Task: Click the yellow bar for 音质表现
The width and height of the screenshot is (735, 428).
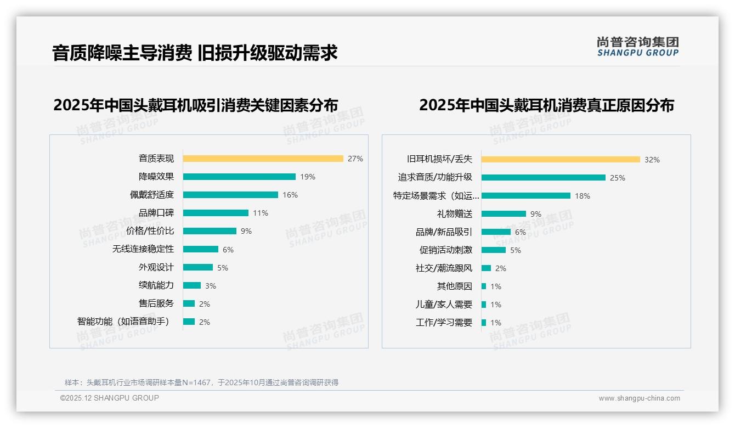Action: click(x=263, y=159)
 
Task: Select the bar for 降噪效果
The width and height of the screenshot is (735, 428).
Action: click(x=239, y=177)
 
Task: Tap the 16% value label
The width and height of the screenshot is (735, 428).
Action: click(x=290, y=195)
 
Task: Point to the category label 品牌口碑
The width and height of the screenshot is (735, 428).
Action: click(x=156, y=213)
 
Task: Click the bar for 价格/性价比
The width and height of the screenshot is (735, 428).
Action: click(x=210, y=231)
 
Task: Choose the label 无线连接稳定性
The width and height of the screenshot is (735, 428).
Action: click(x=143, y=249)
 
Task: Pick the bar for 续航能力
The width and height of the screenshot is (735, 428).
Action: click(x=192, y=285)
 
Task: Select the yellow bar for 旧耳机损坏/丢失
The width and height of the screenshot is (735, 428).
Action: click(x=561, y=160)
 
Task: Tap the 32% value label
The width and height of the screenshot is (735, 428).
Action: click(x=652, y=160)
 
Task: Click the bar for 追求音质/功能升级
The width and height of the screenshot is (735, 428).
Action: click(x=543, y=178)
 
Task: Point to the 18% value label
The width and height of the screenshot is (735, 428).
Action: click(x=583, y=196)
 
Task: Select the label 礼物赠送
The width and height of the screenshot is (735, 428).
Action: click(x=454, y=214)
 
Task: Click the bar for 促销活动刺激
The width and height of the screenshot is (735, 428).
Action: click(x=494, y=250)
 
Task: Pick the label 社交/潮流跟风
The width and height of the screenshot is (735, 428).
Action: click(x=444, y=268)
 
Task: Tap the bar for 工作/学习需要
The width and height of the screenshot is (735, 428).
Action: click(x=484, y=323)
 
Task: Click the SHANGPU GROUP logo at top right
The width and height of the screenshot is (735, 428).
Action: click(x=638, y=47)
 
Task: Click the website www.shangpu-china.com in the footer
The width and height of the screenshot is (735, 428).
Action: click(x=639, y=398)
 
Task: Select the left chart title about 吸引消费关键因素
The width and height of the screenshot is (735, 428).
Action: click(x=195, y=105)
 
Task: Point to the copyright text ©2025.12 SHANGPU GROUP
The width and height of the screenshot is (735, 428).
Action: click(x=110, y=398)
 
